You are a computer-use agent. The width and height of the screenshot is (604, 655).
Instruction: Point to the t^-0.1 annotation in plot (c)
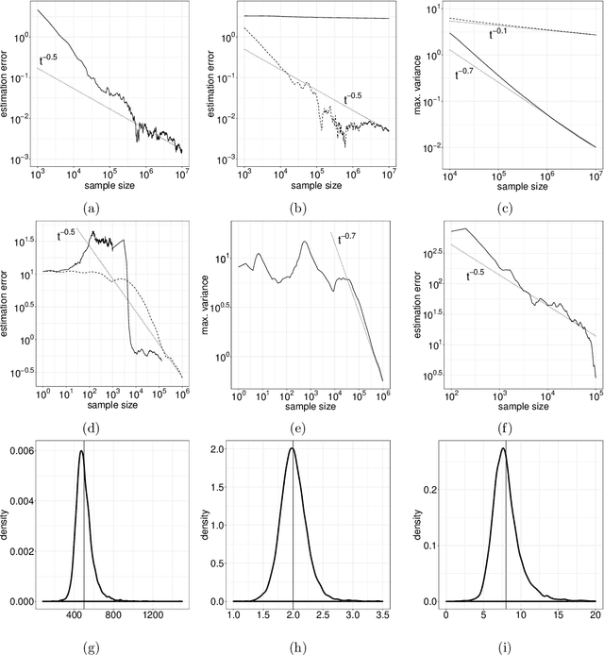(496, 34)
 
